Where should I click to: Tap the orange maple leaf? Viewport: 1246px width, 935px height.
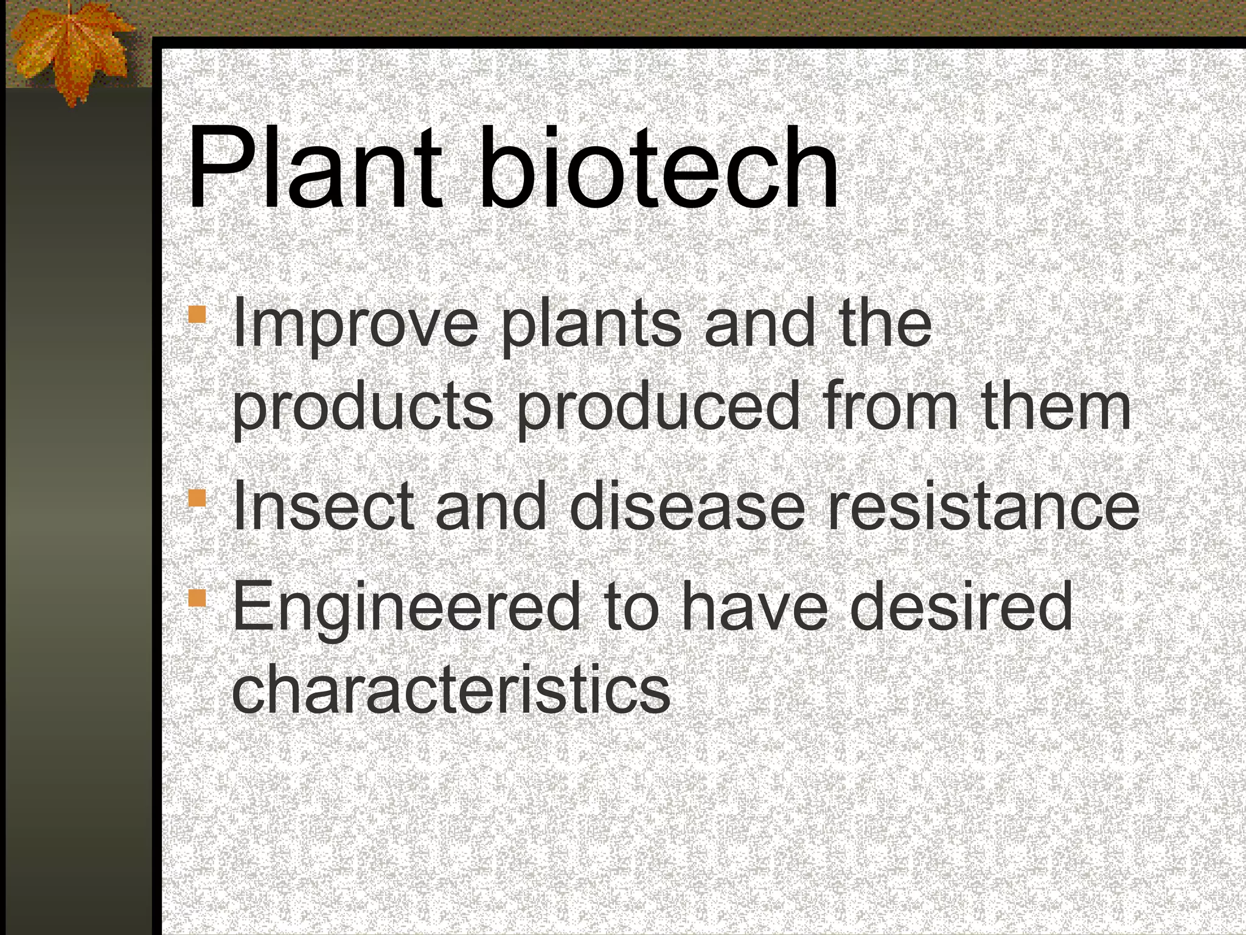[70, 52]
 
